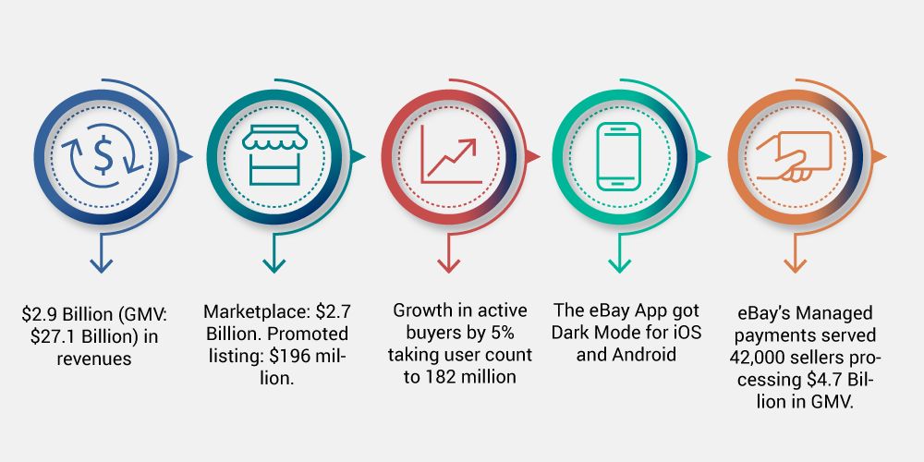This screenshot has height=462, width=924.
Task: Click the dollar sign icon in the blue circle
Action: coord(103,156)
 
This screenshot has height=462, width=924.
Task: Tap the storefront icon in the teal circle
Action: coord(274,155)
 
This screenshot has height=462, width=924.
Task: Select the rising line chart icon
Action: coord(451,154)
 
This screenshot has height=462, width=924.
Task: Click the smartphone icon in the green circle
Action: coord(618,157)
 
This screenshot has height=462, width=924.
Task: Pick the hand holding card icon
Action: coord(794,157)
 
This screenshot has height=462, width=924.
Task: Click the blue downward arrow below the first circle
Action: coord(102,253)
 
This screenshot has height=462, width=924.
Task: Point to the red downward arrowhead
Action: coord(448,266)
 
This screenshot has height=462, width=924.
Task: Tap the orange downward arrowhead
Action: coord(795,266)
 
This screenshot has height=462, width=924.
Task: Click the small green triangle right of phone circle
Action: coord(704,156)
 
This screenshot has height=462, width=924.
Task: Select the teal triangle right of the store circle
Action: coord(359,156)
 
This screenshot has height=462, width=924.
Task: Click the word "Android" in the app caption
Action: coord(643,355)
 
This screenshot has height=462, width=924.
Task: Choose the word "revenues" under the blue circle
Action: coord(94,359)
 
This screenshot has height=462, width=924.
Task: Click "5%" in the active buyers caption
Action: coord(502,333)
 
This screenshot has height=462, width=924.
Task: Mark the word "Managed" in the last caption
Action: coord(834,313)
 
